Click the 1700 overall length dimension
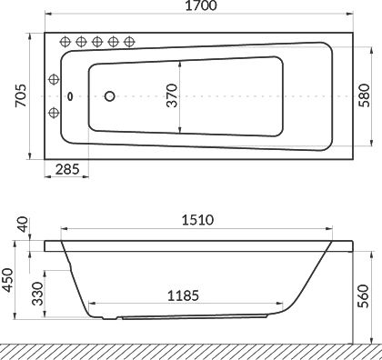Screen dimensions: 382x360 [201, 5]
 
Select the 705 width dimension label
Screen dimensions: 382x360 [21, 95]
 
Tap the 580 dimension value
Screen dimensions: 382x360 [364, 95]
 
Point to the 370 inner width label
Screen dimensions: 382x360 [172, 95]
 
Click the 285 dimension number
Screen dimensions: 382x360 [67, 169]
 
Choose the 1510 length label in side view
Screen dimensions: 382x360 [197, 220]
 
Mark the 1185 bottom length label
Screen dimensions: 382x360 [183, 295]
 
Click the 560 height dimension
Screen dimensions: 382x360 [363, 296]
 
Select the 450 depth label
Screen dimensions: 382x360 [7, 280]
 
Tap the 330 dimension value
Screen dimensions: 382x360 [37, 294]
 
